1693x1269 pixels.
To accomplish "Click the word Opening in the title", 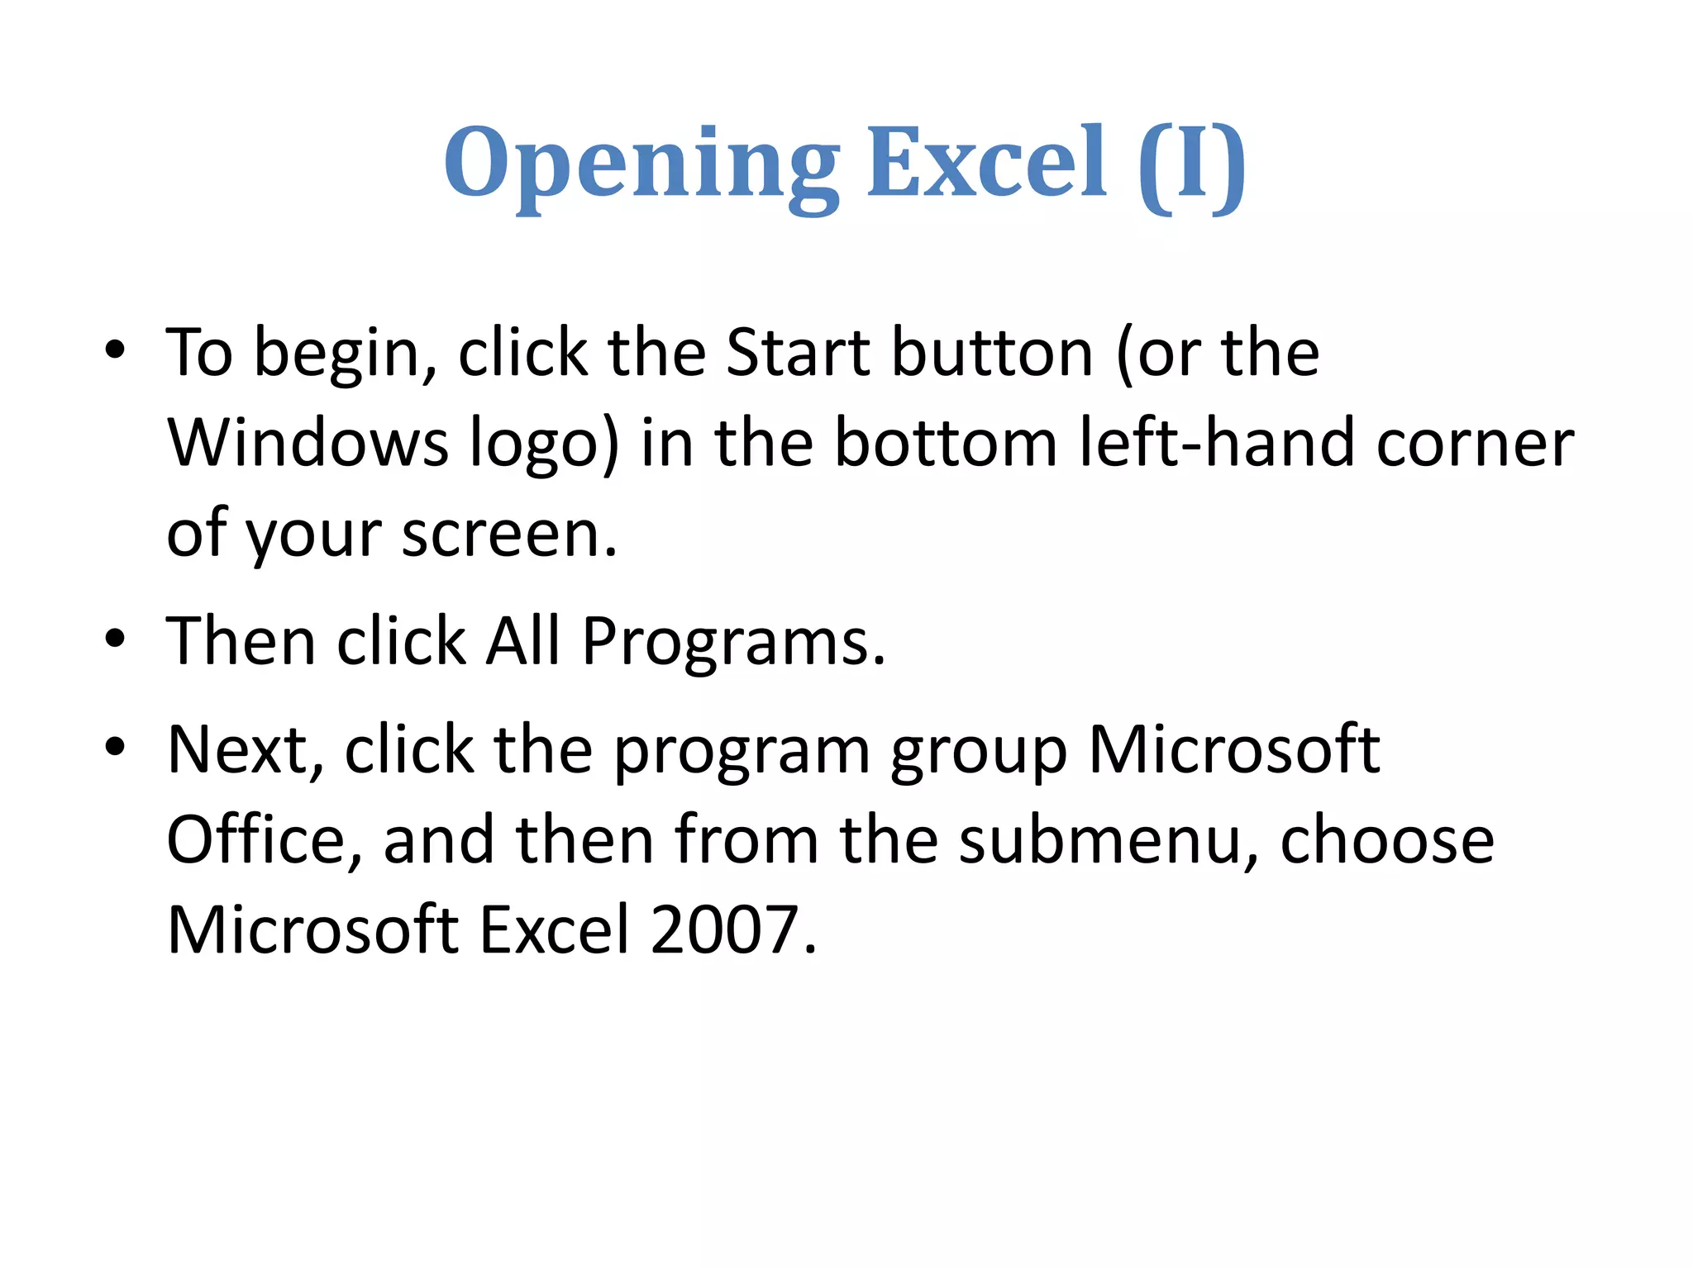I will [x=641, y=165].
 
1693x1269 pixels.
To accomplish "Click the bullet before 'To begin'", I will [x=115, y=350].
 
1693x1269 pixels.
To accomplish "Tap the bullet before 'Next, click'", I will [x=115, y=747].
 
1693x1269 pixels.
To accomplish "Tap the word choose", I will [x=1386, y=841].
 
